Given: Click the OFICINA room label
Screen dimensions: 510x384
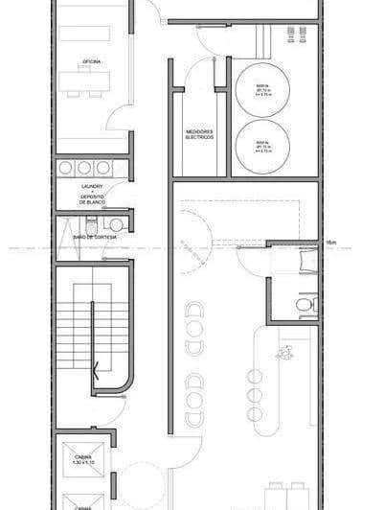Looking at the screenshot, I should pyautogui.click(x=92, y=61).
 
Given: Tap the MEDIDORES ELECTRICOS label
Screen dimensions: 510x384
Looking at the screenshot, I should pyautogui.click(x=198, y=135).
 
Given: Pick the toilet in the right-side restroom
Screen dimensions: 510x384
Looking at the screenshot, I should pyautogui.click(x=304, y=306).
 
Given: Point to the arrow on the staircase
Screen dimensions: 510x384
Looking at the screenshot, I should pyautogui.click(x=96, y=365).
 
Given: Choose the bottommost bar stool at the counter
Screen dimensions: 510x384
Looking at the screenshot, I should pyautogui.click(x=255, y=414).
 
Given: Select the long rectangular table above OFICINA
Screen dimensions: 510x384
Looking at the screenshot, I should pyautogui.click(x=92, y=33).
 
